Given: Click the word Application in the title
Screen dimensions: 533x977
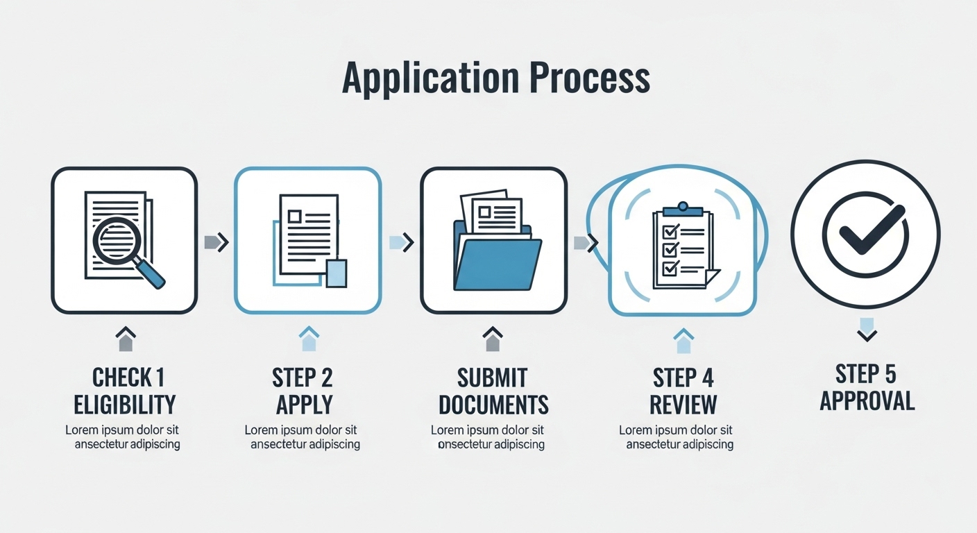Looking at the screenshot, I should (430, 78).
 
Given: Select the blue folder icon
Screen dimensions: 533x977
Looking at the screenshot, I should (497, 262).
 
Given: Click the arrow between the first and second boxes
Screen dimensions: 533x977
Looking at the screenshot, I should (216, 242).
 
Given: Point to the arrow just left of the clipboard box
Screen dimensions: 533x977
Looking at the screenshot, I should (586, 242).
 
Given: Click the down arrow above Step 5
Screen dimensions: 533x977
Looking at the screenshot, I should (867, 330).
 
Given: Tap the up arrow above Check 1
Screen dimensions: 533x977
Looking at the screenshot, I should (126, 339).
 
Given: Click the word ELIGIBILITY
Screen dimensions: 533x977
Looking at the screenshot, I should (125, 404).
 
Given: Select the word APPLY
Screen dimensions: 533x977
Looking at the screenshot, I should (304, 404).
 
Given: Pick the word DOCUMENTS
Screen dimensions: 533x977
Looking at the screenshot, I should (493, 404).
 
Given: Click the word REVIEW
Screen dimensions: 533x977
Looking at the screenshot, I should (684, 404).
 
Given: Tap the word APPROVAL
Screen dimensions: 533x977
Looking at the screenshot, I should (867, 401).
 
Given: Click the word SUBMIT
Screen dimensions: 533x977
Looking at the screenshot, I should (493, 378).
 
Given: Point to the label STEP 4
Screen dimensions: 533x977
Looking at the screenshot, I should (683, 378).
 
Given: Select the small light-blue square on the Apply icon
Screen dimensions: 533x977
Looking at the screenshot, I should (336, 273).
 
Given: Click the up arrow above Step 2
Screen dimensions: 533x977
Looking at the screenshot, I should (309, 339).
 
